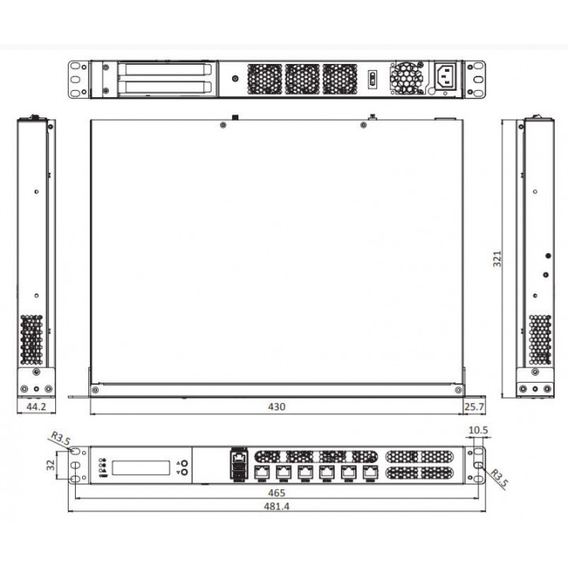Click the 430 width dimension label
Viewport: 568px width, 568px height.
coord(276,407)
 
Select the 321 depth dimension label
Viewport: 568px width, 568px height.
coord(497,259)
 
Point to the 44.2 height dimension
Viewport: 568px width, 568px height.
coord(36,407)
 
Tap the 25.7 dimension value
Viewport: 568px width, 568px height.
coord(474,407)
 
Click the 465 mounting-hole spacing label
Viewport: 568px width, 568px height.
coord(276,492)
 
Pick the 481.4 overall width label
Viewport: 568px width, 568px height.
coord(276,506)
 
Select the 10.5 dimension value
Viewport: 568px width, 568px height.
coord(478,431)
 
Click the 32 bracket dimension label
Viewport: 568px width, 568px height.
coord(50,465)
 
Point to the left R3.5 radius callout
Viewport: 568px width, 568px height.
coord(61,439)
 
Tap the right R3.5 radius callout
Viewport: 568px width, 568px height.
coord(499,478)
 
